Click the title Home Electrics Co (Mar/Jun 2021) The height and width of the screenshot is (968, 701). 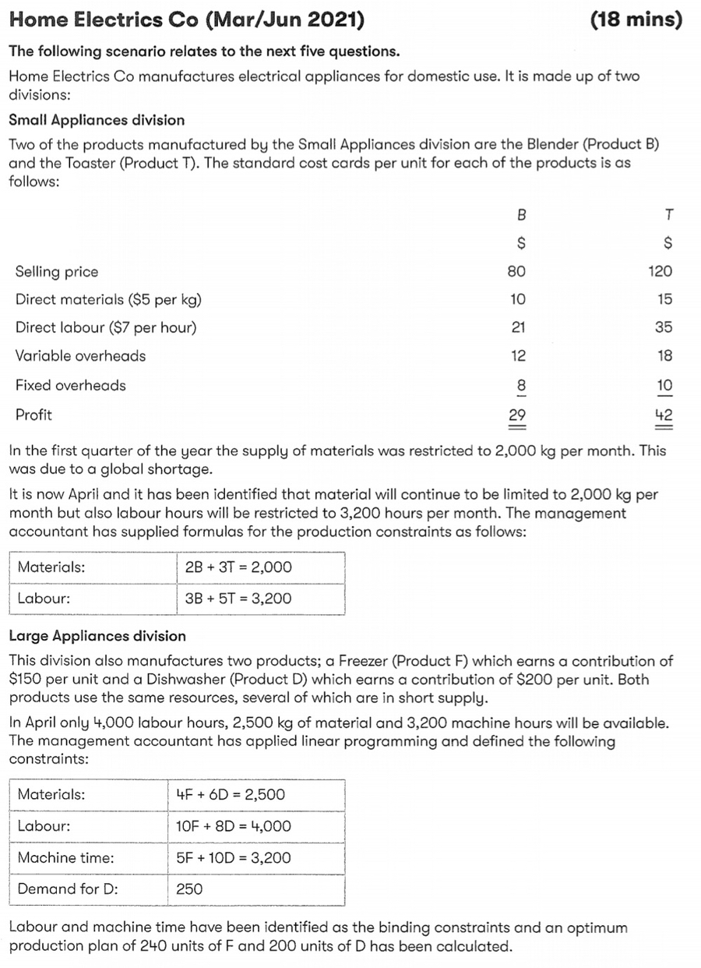186,21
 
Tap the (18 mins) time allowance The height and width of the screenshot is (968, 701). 636,21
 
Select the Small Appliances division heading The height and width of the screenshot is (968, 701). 97,120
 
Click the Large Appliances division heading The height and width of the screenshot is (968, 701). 97,636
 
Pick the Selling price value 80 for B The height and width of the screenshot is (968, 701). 516,271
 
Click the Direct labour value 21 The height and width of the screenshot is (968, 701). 518,327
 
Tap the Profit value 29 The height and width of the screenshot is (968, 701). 517,415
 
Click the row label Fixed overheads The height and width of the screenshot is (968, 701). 70,385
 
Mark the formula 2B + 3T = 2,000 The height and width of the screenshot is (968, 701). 239,567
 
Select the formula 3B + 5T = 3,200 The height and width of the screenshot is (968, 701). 239,599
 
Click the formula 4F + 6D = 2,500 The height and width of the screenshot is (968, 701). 231,795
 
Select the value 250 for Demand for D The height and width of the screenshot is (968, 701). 189,889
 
